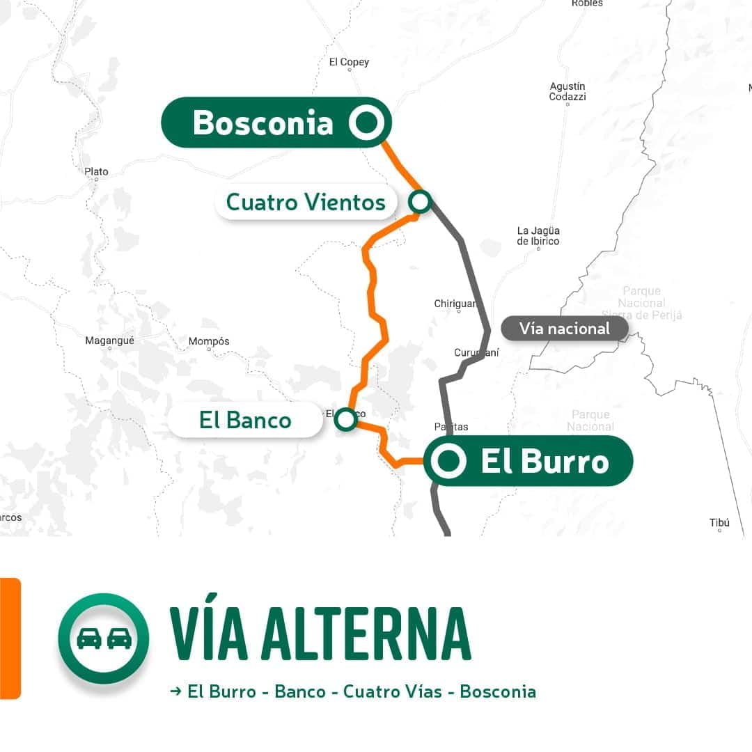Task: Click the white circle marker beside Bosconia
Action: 366,123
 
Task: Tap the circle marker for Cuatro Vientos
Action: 420,202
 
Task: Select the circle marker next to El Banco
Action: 345,419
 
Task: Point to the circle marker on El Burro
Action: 449,461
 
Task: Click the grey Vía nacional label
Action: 564,329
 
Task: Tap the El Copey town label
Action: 349,63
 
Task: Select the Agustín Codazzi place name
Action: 567,91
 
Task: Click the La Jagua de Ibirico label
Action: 538,235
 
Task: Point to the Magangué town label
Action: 109,340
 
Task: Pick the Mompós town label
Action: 209,341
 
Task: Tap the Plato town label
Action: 96,171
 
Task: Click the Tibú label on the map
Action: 719,522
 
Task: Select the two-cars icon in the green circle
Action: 104,639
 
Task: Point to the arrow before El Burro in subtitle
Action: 175,691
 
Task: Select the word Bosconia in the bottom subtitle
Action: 498,691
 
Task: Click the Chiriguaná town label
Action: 456,304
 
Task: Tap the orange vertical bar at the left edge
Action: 10,638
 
